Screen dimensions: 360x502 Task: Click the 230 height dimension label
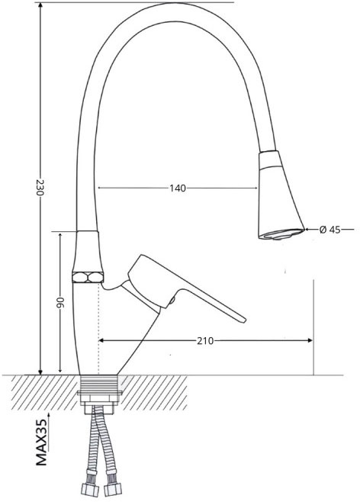coord(40,187)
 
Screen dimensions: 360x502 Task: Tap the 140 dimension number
coord(178,188)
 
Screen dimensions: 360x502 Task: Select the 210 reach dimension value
coord(205,341)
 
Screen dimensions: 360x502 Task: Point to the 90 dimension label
coord(60,302)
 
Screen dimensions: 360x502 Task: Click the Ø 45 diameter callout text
coord(330,230)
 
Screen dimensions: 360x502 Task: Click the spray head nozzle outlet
coord(281,234)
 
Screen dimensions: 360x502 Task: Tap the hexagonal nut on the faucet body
coord(88,277)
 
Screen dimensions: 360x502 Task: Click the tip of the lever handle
coord(244,320)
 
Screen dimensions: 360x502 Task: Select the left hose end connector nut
coord(89,490)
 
